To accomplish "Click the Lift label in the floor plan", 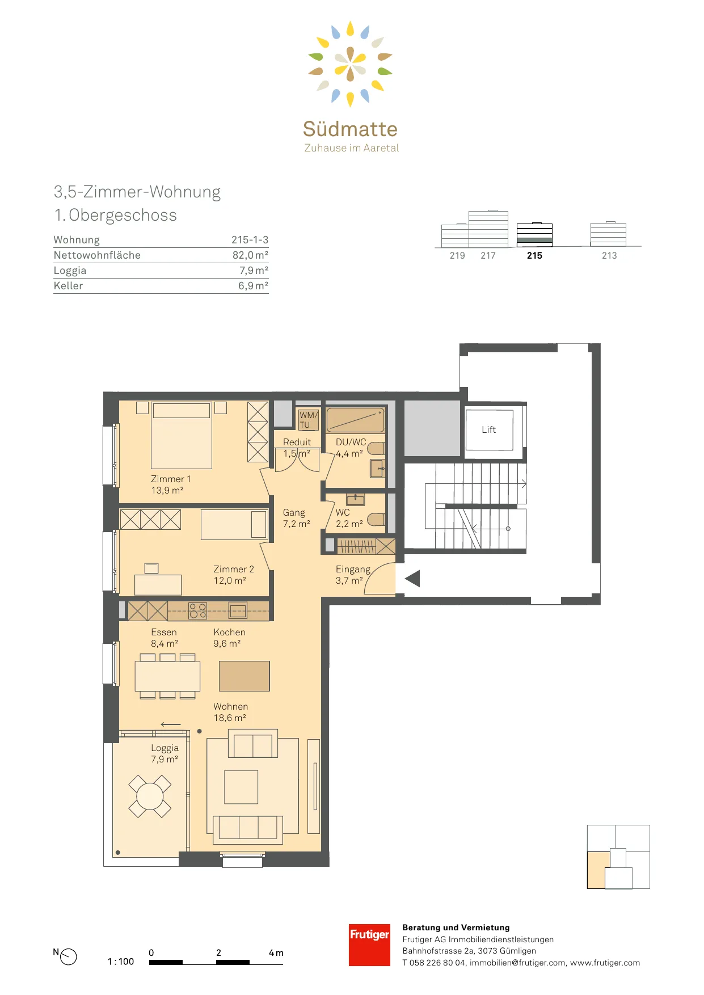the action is tap(488, 429).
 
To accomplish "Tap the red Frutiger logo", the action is tap(369, 945).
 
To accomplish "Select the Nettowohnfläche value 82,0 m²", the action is tap(250, 255).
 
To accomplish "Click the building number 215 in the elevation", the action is tap(534, 256).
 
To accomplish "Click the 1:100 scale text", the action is tap(121, 962).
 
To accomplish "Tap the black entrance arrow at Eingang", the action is tap(412, 579).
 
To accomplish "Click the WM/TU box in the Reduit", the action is tap(309, 420).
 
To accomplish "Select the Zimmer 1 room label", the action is tap(170, 484).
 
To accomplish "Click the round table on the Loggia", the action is tap(150, 796).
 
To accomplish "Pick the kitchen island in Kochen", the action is tap(244, 676).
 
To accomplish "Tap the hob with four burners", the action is tap(198, 610).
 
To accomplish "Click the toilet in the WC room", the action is tap(376, 519).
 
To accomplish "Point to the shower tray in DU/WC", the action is tap(356, 420).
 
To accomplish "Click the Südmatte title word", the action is tap(350, 129).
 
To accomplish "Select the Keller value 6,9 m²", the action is tap(253, 286).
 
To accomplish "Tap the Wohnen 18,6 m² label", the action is tap(230, 712).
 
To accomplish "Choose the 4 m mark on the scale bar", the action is tap(276, 953).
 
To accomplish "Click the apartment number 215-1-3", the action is tap(250, 240).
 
